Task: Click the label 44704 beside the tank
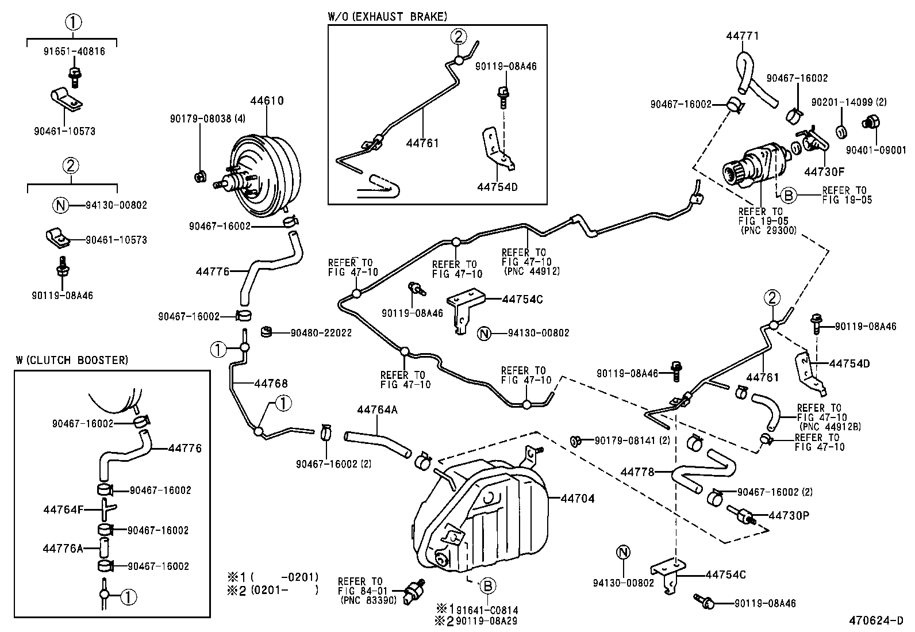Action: coord(577,499)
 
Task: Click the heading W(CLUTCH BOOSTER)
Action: coord(72,360)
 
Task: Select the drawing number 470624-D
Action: coord(876,621)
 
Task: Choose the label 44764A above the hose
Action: coord(377,409)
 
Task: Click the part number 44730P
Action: coord(789,515)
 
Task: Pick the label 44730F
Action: coord(824,171)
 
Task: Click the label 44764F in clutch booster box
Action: coord(63,510)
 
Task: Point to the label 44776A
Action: coord(63,548)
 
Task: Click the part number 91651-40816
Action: coord(74,51)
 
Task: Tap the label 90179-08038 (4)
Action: coord(208,118)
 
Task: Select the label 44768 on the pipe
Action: coord(271,384)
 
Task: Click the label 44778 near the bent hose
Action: coord(637,472)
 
